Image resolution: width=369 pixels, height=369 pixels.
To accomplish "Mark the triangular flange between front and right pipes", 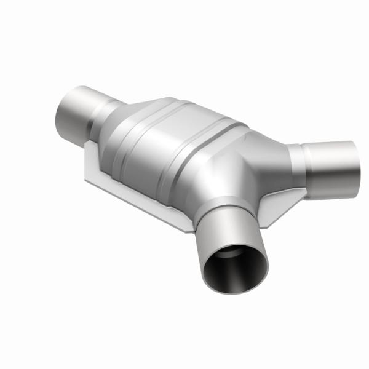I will pos(274,206).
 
